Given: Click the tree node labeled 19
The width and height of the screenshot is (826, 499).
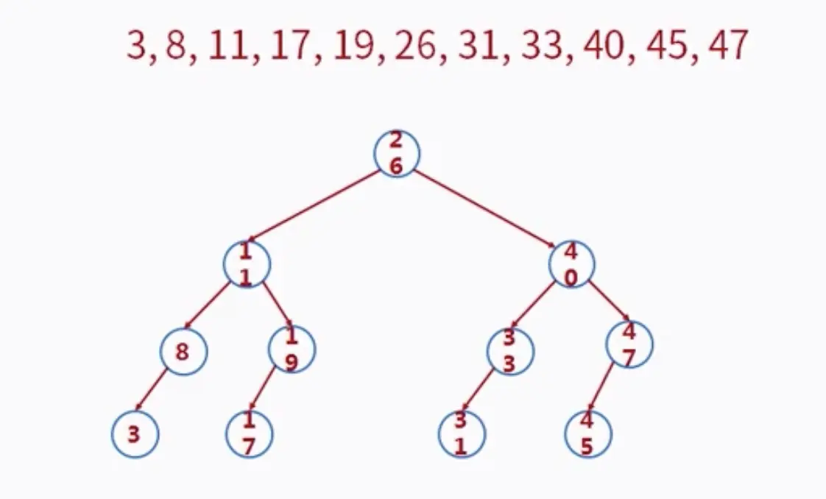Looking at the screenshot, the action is point(292,349).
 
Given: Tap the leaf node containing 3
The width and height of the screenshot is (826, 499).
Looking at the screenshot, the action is point(135,434).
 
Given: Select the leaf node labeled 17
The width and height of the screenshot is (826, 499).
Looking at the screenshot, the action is point(250,434).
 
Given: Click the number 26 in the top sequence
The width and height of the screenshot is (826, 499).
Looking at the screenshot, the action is point(414,46).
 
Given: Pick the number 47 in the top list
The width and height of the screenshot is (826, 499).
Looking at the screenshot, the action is point(727,46).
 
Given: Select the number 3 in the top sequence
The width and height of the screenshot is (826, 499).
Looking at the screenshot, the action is point(136,46).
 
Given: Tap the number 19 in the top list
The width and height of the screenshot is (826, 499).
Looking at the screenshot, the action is point(351,46).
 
